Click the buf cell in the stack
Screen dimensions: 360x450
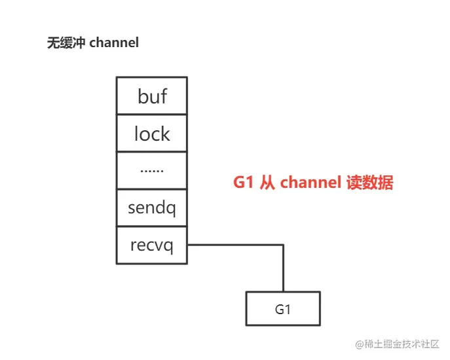152,96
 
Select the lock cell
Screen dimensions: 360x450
152,134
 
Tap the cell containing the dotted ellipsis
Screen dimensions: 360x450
152,170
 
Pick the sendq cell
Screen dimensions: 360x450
152,208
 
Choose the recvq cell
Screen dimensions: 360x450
152,245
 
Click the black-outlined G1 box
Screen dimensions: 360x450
283,309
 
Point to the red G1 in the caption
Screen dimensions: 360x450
244,183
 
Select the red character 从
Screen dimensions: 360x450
268,183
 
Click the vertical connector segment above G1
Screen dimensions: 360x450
283,268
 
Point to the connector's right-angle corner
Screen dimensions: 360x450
283,245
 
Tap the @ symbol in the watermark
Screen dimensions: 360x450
360,344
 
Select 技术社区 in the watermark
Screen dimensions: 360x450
419,344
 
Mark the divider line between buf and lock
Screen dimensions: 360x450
152,115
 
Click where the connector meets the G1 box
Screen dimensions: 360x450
283,292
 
